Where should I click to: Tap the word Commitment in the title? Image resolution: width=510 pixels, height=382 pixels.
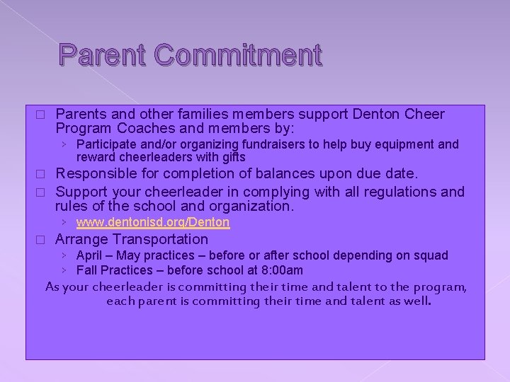click(x=237, y=55)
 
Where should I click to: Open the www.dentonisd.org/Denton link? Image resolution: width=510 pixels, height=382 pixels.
click(x=153, y=222)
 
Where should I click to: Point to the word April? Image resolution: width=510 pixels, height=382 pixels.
click(x=89, y=255)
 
